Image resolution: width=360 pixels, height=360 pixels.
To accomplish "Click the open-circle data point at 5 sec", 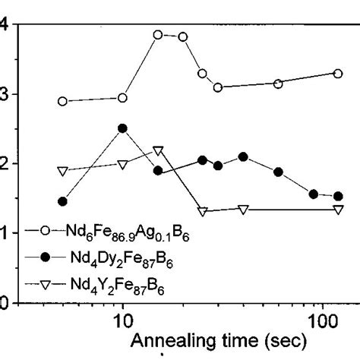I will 62,101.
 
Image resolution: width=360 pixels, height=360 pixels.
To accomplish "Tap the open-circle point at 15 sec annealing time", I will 158,35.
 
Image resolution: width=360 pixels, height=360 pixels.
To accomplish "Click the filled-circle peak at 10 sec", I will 122,128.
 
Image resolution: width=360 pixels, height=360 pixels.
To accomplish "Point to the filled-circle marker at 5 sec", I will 62,201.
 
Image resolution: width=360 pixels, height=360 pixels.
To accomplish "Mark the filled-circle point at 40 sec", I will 243,156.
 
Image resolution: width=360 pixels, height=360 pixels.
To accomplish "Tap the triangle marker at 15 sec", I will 158,150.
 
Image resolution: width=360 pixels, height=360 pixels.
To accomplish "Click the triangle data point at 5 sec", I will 62,172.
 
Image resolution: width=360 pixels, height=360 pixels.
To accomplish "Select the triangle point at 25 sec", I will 202,211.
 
